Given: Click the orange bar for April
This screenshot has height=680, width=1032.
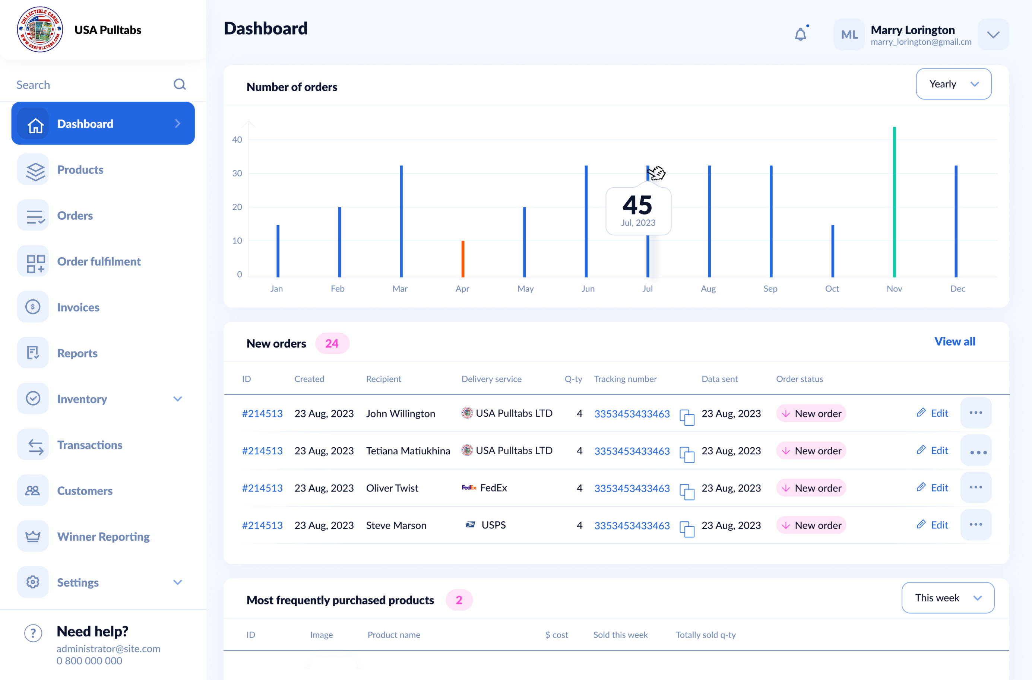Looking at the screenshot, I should coord(463,259).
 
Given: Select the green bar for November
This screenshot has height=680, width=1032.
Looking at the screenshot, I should coord(894,202).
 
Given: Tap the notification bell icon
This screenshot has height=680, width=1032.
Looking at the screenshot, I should coord(800,34).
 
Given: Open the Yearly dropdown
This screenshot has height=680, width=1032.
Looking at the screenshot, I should coord(953,84).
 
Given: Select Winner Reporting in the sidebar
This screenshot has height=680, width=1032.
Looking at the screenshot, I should coord(103,537).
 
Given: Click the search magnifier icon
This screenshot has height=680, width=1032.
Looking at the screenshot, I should coord(180,85).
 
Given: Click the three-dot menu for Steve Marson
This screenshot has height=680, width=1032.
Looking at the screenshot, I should coord(976,525).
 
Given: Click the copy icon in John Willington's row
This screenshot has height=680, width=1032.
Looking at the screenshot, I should coord(687,417).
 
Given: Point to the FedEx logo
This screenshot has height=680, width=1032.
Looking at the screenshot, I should coord(469,488).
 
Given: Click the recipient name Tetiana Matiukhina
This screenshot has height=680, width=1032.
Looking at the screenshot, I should coord(408,451).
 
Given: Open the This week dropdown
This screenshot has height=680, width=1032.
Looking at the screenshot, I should coord(948,598).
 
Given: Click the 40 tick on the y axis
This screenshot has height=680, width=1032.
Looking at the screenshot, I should coord(237,140).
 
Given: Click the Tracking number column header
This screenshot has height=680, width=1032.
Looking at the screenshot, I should coord(625,379).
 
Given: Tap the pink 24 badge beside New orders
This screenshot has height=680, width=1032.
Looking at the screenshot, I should coord(332,344).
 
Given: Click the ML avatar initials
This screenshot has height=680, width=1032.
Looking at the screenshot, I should coord(849,35).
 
